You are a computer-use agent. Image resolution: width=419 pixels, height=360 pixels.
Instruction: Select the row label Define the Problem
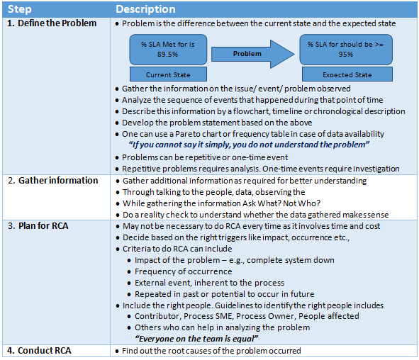coord(53,23)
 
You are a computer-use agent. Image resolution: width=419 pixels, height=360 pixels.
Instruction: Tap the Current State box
coord(169,74)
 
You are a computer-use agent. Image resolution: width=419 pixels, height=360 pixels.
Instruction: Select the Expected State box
coord(346,74)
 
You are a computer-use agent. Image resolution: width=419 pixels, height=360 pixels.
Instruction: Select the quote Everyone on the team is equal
coord(196,339)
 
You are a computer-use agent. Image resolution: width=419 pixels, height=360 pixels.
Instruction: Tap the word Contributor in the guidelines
coord(158,316)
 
